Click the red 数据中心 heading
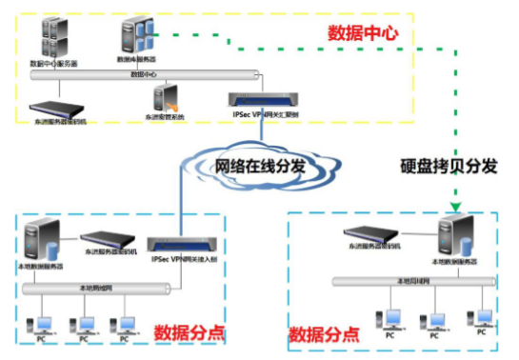coord(361,32)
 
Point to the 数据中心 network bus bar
coord(143,74)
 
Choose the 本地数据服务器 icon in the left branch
coord(45,243)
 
